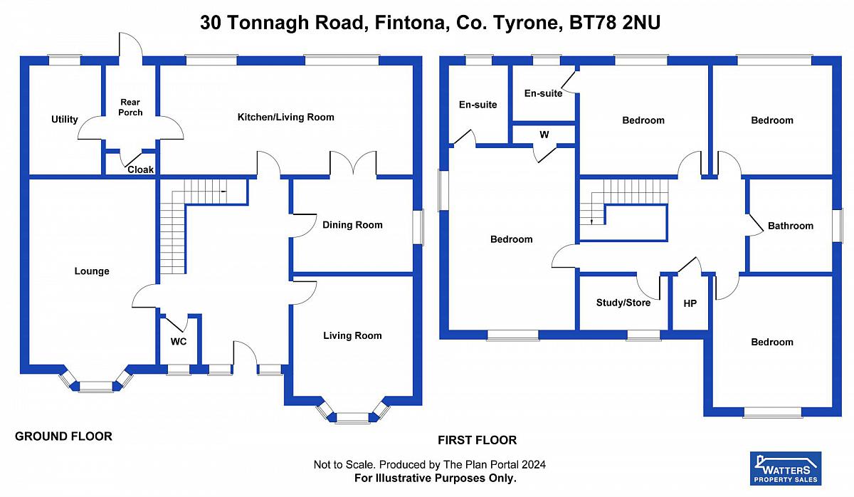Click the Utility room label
[x=65, y=120]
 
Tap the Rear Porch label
[x=131, y=108]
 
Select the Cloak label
[x=140, y=169]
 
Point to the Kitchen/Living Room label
[x=285, y=117]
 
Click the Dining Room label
[x=352, y=225]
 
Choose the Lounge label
[x=92, y=271]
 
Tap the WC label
[x=179, y=342]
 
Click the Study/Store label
[x=623, y=303]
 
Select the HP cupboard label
[x=690, y=303]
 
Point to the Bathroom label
[x=790, y=226]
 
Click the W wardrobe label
[x=544, y=134]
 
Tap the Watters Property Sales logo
[x=786, y=469]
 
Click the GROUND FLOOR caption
[x=64, y=436]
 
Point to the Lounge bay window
[x=96, y=386]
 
